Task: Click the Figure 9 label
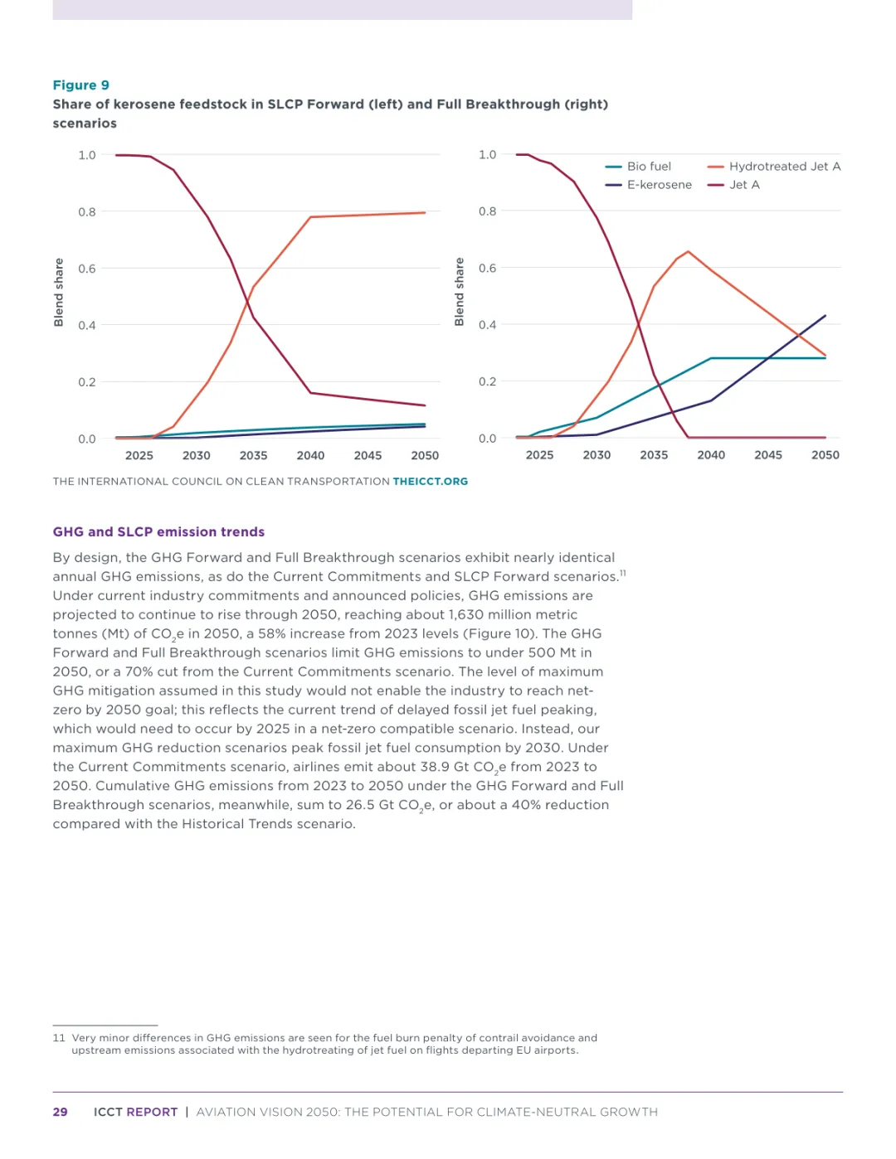80,85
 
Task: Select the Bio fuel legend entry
648,167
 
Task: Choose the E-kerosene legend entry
658,185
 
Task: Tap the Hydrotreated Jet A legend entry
783,167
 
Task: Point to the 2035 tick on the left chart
253,455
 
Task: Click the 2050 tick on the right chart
825,455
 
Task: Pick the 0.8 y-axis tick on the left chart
87,212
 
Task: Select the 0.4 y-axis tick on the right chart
487,325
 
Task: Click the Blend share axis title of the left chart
59,293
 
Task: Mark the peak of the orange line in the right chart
688,251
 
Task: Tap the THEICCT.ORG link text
430,482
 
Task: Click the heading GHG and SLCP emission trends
158,532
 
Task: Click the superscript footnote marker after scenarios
622,573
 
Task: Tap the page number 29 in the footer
60,1112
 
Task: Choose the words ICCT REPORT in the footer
135,1112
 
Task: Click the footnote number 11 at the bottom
59,1038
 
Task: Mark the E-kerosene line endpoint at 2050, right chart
825,316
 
